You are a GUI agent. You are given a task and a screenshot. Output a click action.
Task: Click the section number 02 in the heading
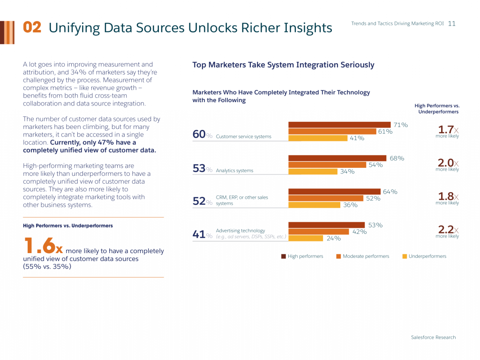click(32, 28)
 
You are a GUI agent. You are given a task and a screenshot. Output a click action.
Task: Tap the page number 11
click(452, 23)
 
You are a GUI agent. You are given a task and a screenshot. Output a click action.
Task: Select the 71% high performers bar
click(339, 125)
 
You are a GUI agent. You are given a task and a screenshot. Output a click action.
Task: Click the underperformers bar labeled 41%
click(317, 138)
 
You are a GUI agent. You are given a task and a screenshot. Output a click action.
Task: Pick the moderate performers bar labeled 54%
click(327, 165)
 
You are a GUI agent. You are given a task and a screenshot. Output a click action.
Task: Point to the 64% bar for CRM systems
click(334, 192)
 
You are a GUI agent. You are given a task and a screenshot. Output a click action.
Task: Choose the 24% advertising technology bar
click(306, 238)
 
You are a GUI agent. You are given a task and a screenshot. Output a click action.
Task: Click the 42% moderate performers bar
click(318, 232)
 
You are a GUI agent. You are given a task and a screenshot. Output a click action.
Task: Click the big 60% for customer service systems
click(202, 135)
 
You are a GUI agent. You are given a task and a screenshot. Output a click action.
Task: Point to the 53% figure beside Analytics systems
click(202, 169)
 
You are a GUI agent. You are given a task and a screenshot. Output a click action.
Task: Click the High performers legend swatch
click(284, 256)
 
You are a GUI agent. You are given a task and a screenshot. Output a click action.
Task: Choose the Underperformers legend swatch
click(405, 256)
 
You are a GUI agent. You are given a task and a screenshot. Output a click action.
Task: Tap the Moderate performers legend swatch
click(338, 256)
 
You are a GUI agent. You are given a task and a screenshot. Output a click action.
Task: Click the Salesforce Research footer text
click(433, 337)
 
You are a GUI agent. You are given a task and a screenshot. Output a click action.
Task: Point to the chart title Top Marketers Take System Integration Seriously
click(283, 65)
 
